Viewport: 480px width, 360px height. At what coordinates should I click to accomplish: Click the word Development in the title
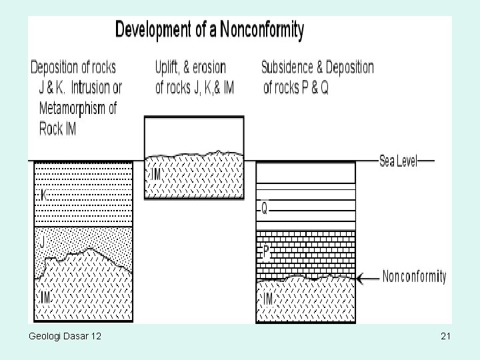155,30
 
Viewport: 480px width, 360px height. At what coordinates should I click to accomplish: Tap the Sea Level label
398,161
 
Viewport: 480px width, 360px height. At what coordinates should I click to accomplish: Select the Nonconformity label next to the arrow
414,277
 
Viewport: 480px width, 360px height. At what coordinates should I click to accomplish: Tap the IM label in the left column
45,297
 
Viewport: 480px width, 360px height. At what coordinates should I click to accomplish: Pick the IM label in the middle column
157,174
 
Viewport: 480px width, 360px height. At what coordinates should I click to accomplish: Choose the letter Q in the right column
265,209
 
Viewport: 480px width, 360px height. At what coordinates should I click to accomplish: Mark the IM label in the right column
267,299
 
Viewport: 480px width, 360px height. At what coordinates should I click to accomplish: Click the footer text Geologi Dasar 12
65,339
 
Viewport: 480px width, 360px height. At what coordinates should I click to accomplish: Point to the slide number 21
446,339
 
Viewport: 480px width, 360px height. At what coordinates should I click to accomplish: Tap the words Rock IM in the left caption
58,129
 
